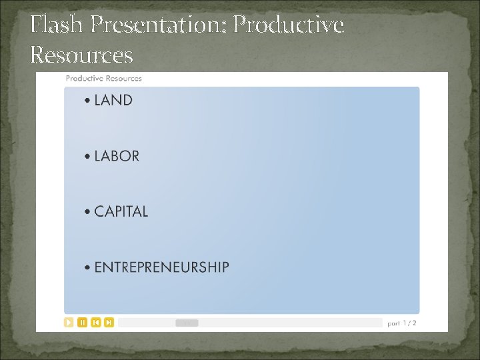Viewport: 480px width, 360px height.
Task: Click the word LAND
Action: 113,101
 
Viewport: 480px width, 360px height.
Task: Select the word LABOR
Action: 117,156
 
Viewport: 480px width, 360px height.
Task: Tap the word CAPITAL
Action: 121,212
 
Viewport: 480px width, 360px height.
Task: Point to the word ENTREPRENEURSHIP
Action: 161,268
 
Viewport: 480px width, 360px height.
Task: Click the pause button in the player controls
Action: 82,323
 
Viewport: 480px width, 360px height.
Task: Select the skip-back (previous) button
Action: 95,323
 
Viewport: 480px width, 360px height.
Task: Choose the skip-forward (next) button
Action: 109,323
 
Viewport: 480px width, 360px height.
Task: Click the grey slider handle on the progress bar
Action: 187,323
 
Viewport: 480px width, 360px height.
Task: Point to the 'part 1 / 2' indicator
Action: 402,323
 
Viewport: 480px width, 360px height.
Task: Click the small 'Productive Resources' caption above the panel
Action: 103,79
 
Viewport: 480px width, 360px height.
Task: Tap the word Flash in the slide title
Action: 57,25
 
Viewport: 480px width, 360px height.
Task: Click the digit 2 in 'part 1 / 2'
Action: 414,323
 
